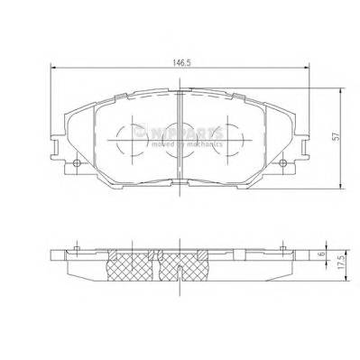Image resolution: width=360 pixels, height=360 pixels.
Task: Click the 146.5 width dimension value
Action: tap(181, 63)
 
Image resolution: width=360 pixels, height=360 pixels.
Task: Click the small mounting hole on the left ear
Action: tap(78, 163)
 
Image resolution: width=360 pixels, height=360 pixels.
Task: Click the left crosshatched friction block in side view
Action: tap(132, 265)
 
